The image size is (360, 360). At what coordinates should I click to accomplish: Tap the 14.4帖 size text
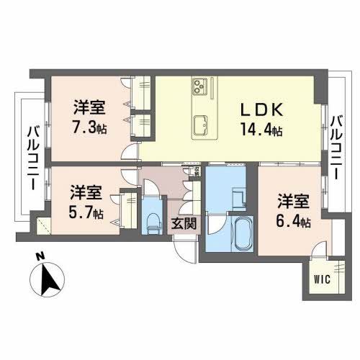[261, 131]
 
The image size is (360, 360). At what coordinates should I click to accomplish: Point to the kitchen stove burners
[199, 87]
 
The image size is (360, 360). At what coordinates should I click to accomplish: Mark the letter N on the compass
[41, 257]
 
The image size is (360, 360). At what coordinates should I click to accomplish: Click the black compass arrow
[50, 279]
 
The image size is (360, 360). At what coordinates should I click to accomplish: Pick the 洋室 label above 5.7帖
[86, 193]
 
